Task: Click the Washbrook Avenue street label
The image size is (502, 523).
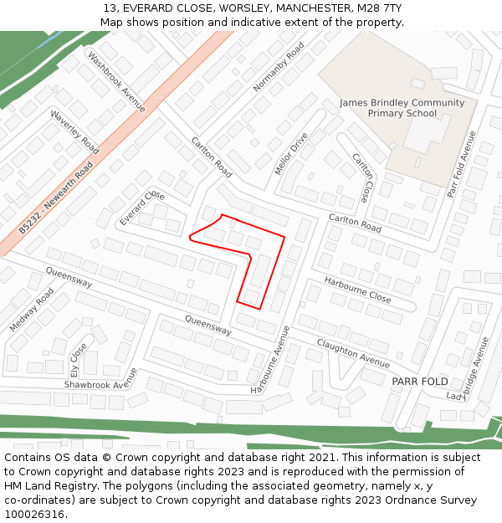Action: [116, 82]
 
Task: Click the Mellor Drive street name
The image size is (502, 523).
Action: [291, 153]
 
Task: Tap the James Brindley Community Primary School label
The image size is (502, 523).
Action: [402, 108]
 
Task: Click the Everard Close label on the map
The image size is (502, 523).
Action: [142, 208]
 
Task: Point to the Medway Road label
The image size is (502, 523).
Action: [32, 310]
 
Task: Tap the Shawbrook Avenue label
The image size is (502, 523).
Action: [100, 384]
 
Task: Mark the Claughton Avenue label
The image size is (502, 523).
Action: [353, 353]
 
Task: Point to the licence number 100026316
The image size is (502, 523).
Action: [34, 514]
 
